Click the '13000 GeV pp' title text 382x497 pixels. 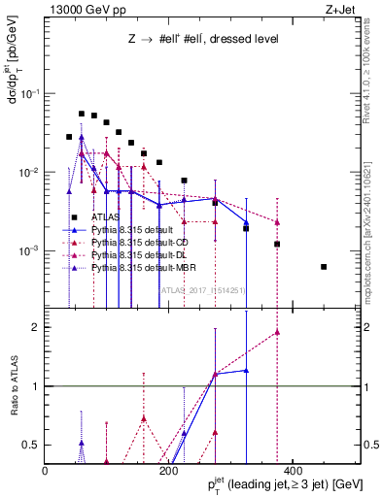[x=80, y=10]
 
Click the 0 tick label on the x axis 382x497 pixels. [x=46, y=471]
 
